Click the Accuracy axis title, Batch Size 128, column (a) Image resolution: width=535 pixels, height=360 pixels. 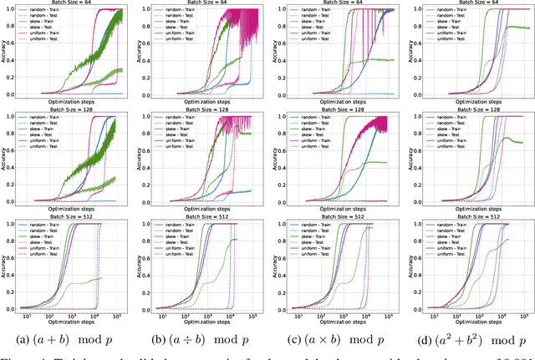[3, 159]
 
